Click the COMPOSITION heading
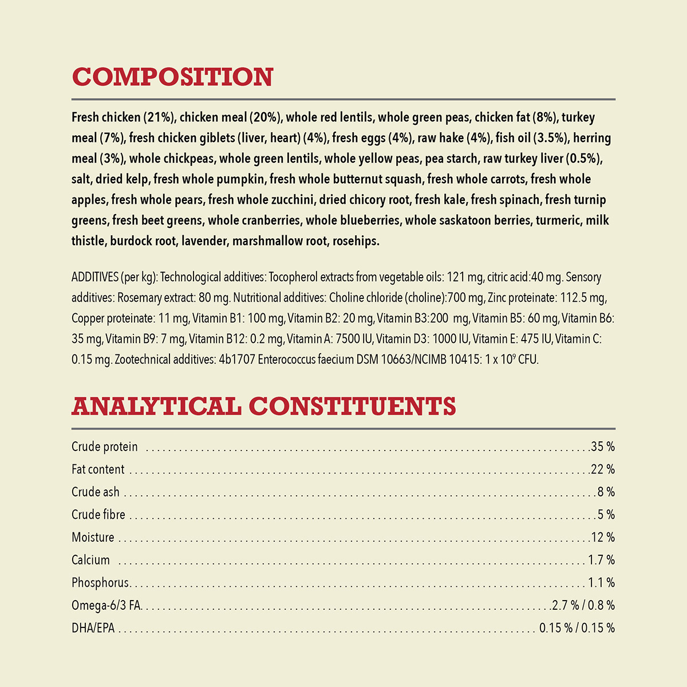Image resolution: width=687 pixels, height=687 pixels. [x=172, y=77]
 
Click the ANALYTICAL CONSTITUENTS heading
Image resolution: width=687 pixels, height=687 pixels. [x=263, y=406]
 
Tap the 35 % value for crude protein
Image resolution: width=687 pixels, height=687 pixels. [x=603, y=447]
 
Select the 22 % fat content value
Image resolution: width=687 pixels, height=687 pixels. [x=603, y=469]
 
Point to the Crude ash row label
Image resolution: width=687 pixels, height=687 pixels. [x=96, y=492]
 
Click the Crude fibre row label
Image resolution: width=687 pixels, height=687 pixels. [x=98, y=515]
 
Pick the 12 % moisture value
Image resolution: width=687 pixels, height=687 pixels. [x=603, y=537]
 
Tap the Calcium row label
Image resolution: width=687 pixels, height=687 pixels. [x=90, y=560]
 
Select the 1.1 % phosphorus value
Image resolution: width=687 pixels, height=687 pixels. [x=601, y=583]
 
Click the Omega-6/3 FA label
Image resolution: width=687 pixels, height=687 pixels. [x=106, y=605]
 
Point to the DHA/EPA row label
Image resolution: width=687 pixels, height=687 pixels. [x=93, y=628]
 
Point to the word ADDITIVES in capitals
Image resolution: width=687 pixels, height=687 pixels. [x=95, y=277]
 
